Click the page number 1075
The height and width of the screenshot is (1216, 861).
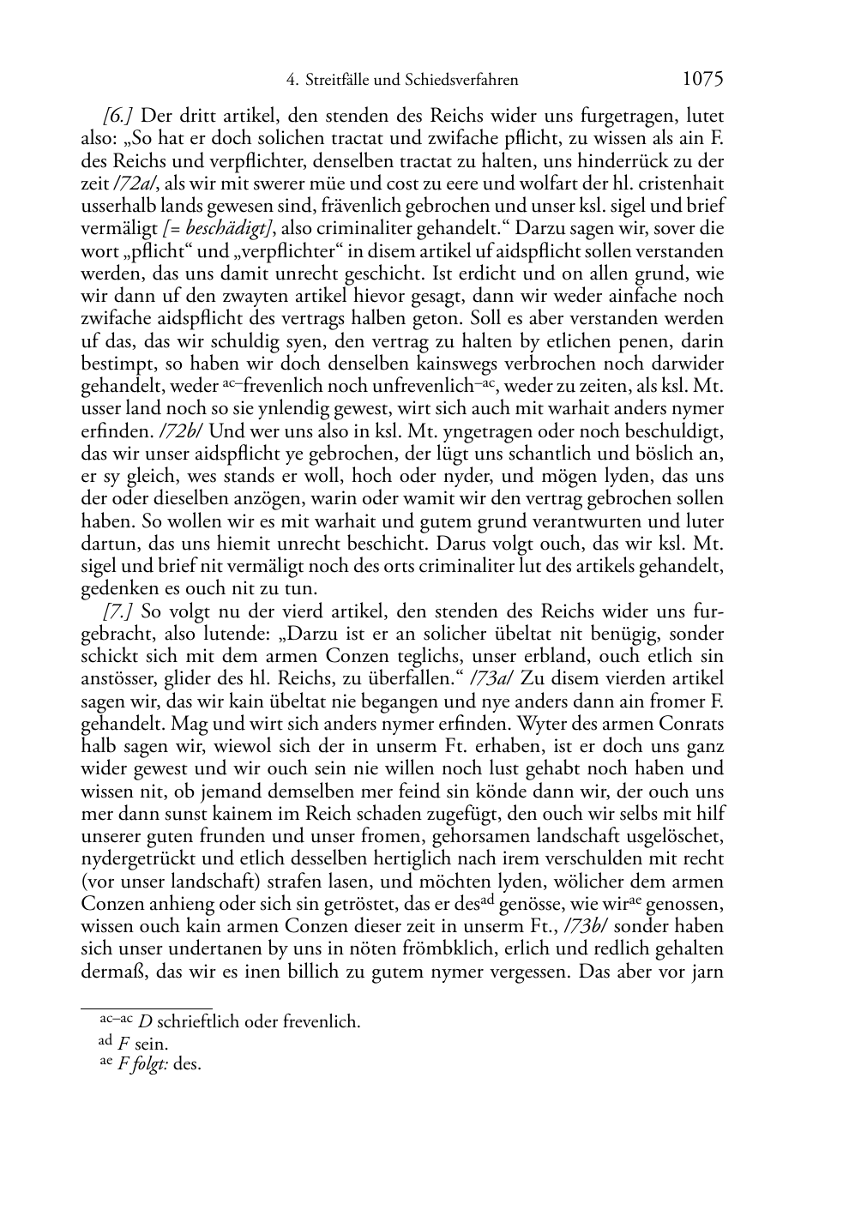pyautogui.click(x=703, y=79)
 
